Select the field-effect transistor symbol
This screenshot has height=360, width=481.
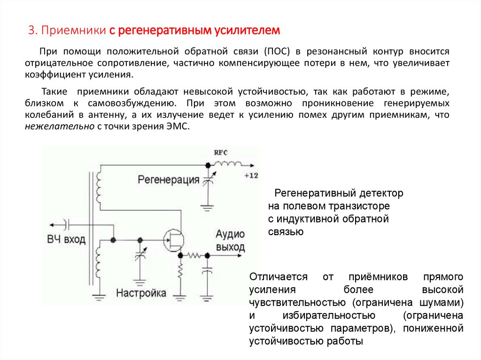pyautogui.click(x=173, y=240)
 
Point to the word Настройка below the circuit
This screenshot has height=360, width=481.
pyautogui.click(x=141, y=293)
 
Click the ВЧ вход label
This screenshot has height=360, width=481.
pyautogui.click(x=66, y=239)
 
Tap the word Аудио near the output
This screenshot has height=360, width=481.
pyautogui.click(x=230, y=235)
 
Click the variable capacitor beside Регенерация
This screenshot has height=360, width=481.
pyautogui.click(x=207, y=180)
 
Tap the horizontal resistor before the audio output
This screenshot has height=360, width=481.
pyautogui.click(x=193, y=255)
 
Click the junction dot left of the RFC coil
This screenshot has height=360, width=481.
pyautogui.click(x=207, y=165)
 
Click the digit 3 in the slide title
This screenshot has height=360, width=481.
pyautogui.click(x=31, y=31)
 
